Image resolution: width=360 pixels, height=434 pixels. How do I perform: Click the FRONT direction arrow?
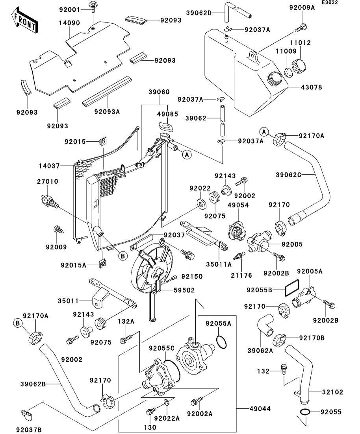coord(24,21)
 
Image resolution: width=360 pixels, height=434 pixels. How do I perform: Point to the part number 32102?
coord(333,392)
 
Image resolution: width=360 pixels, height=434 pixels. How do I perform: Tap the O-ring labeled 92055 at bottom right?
coord(304,412)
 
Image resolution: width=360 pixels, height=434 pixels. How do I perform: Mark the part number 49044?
coord(260,409)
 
